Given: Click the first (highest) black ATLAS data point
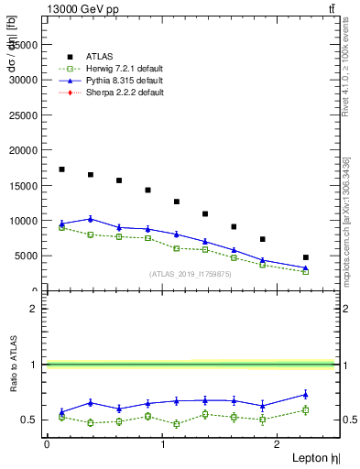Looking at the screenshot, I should pyautogui.click(x=61, y=169).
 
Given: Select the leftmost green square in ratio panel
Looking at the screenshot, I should pyautogui.click(x=61, y=417).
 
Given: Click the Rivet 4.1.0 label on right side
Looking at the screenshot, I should pyautogui.click(x=345, y=69).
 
